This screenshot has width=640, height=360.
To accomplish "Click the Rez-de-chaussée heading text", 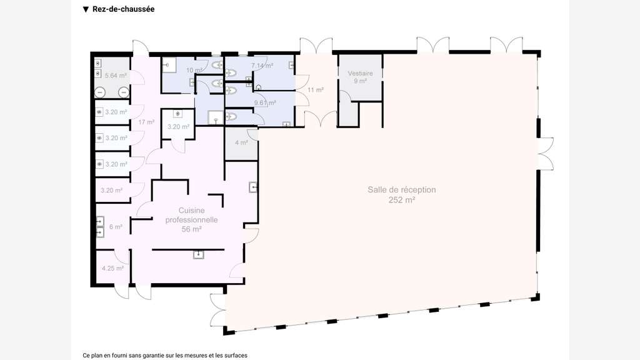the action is [x=123, y=9].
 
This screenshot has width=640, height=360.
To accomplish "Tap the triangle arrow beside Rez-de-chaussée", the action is [x=86, y=9].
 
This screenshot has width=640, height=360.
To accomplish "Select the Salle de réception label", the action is [x=402, y=190].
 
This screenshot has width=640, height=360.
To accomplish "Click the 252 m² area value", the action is [x=402, y=200].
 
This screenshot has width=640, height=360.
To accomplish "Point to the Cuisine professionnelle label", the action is [x=191, y=215].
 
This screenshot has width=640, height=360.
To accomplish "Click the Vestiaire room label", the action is [x=361, y=74].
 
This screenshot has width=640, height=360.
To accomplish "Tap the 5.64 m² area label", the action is [x=116, y=76].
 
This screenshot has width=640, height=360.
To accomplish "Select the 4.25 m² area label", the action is [x=112, y=268].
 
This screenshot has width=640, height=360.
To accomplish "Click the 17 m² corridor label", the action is [x=146, y=122].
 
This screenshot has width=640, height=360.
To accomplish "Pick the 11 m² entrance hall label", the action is [x=316, y=90].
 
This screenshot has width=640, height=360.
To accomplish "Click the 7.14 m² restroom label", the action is [x=262, y=65].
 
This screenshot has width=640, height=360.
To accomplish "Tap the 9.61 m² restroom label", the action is [x=265, y=103].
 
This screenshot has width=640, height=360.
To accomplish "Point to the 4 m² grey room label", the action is [x=241, y=142].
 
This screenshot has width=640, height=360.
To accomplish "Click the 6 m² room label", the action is [x=116, y=226].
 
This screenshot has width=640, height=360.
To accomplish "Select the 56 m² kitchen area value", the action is [x=191, y=229].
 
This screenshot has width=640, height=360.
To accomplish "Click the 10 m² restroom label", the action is [x=194, y=70].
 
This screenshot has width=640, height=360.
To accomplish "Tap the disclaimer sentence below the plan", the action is [x=165, y=356].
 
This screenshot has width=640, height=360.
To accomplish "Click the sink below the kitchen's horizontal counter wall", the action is [x=198, y=255].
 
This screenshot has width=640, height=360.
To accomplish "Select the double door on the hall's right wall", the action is [x=546, y=154].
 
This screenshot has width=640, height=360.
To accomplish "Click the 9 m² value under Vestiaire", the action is [x=361, y=81].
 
